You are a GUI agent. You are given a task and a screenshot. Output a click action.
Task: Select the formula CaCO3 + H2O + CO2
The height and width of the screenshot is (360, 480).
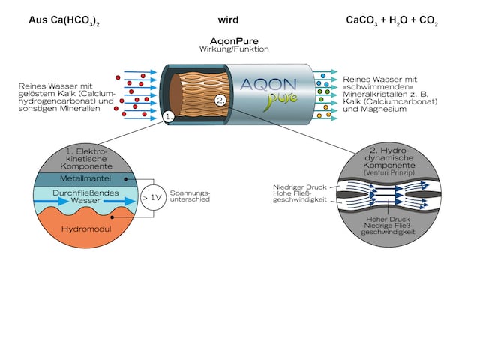click(x=391, y=20)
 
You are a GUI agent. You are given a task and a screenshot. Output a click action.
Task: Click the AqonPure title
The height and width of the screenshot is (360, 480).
click(x=240, y=42)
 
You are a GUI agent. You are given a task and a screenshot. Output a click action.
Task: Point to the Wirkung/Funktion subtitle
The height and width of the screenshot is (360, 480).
click(x=240, y=50)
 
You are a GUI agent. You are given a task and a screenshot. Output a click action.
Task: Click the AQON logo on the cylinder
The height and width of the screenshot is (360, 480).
click(x=279, y=85)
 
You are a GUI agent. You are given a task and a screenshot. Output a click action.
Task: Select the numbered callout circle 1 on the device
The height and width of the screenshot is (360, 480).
click(x=169, y=117)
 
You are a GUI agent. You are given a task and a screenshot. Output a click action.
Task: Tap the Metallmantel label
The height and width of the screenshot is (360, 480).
click(x=83, y=180)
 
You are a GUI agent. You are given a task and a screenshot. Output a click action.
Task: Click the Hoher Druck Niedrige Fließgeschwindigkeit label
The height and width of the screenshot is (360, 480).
click(x=388, y=229)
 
